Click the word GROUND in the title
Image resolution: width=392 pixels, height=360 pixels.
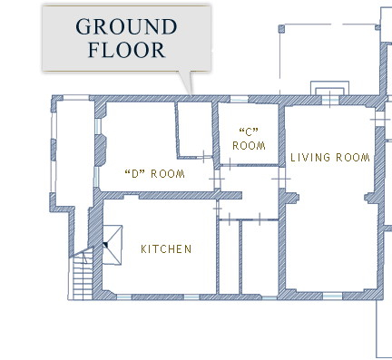click(x=126, y=26)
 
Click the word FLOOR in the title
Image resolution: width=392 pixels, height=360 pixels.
click(x=126, y=50)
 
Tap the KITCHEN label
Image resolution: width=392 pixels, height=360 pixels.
click(x=166, y=249)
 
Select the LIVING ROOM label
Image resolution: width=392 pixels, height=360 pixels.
click(x=330, y=158)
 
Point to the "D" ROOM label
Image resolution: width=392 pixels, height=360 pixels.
click(x=154, y=174)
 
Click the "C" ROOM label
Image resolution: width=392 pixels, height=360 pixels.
click(x=249, y=140)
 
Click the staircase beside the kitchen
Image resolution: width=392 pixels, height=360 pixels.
click(x=83, y=275)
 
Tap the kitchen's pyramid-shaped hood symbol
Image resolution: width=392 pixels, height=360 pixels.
click(x=113, y=245)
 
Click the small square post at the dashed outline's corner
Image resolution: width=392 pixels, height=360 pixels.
click(x=281, y=29)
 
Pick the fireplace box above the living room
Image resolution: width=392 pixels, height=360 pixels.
click(x=329, y=88)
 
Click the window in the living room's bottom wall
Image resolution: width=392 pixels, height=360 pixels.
click(x=332, y=296)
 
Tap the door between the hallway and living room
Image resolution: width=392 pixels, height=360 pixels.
click(x=281, y=179)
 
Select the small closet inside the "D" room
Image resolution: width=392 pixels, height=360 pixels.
click(x=195, y=130)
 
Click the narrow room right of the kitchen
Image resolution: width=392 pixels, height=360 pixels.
click(x=229, y=257)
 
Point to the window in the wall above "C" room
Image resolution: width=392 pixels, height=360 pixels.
click(x=240, y=99)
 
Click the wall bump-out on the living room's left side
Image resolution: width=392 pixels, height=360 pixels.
click(x=291, y=198)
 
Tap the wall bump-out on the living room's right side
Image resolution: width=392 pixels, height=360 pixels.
click(x=371, y=198)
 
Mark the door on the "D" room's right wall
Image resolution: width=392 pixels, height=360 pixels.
click(x=217, y=179)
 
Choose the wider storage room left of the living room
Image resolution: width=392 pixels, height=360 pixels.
click(x=260, y=257)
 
